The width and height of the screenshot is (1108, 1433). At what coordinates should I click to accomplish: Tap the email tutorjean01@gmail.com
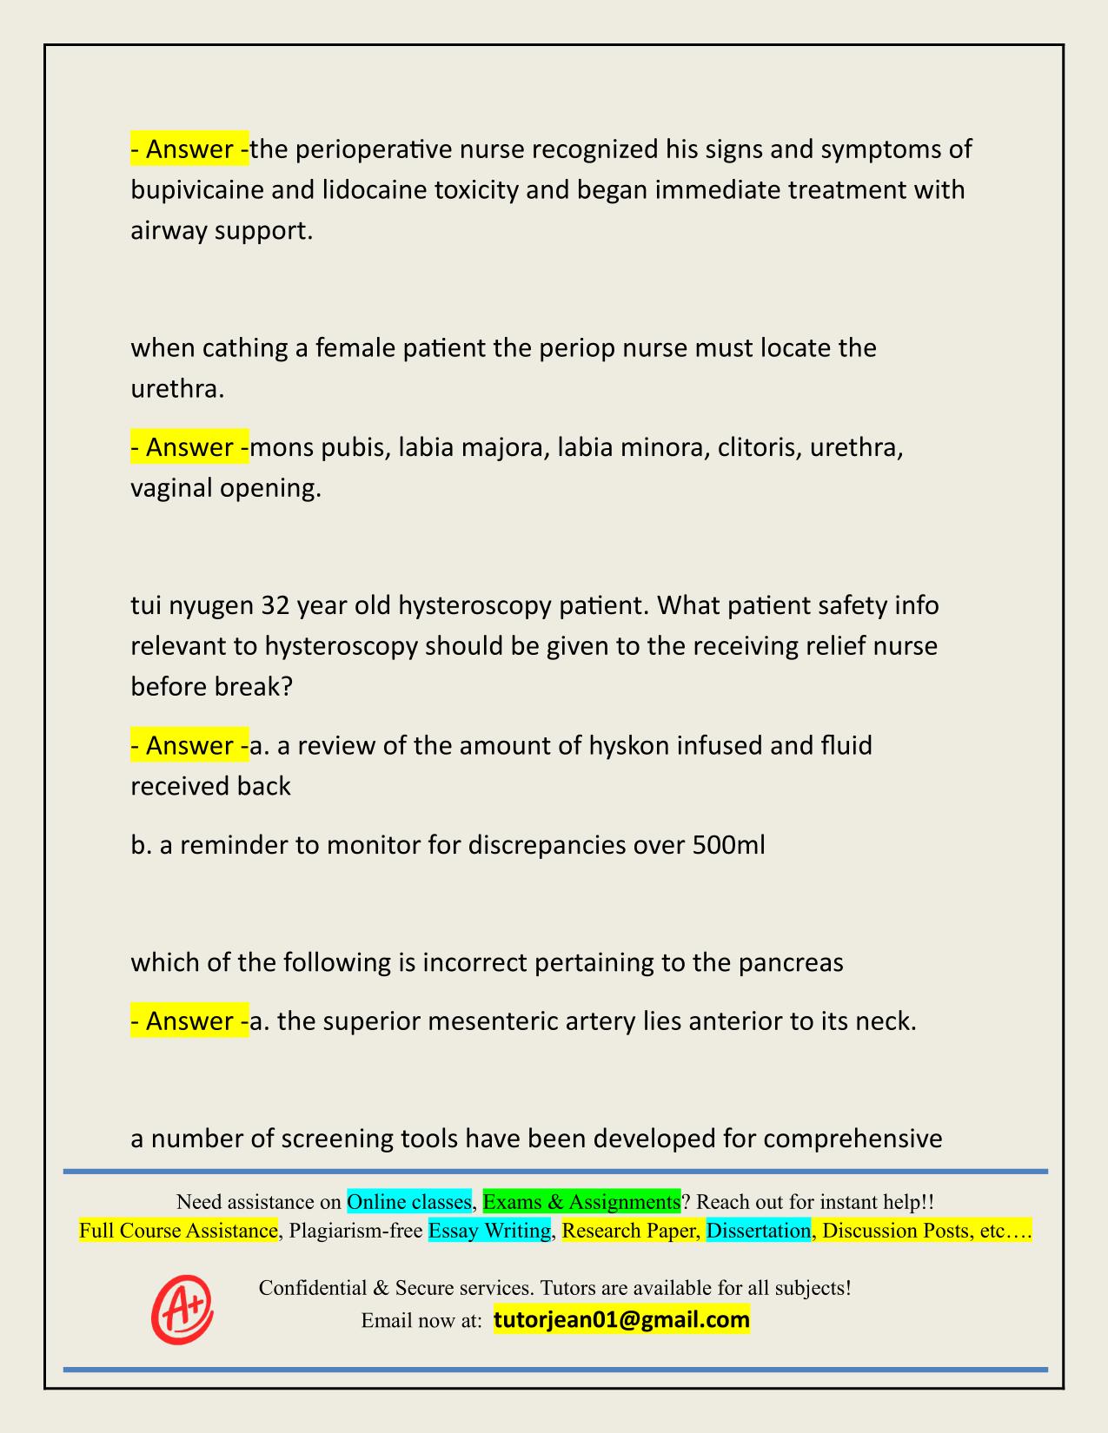point(621,1320)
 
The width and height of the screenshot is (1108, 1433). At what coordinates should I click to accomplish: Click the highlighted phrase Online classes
point(408,1202)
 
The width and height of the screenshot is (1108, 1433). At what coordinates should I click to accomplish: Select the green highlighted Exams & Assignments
point(581,1202)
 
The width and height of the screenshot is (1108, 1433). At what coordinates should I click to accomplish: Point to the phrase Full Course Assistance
point(178,1231)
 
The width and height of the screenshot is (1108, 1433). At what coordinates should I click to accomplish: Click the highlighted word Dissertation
point(758,1231)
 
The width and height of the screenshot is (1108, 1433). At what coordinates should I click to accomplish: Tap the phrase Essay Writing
point(489,1231)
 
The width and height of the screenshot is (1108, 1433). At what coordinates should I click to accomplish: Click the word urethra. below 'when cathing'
point(177,388)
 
